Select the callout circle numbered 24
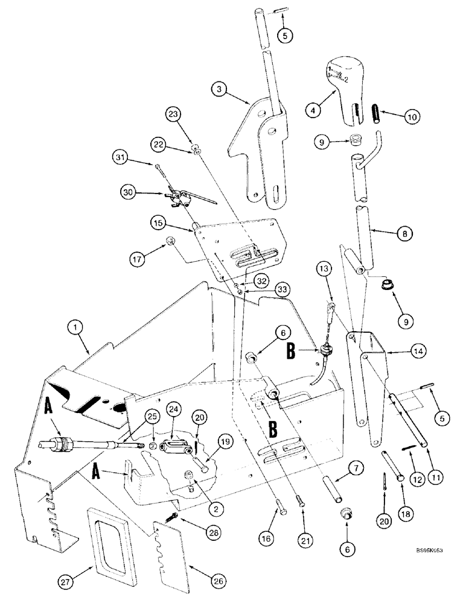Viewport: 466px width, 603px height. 172,411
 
